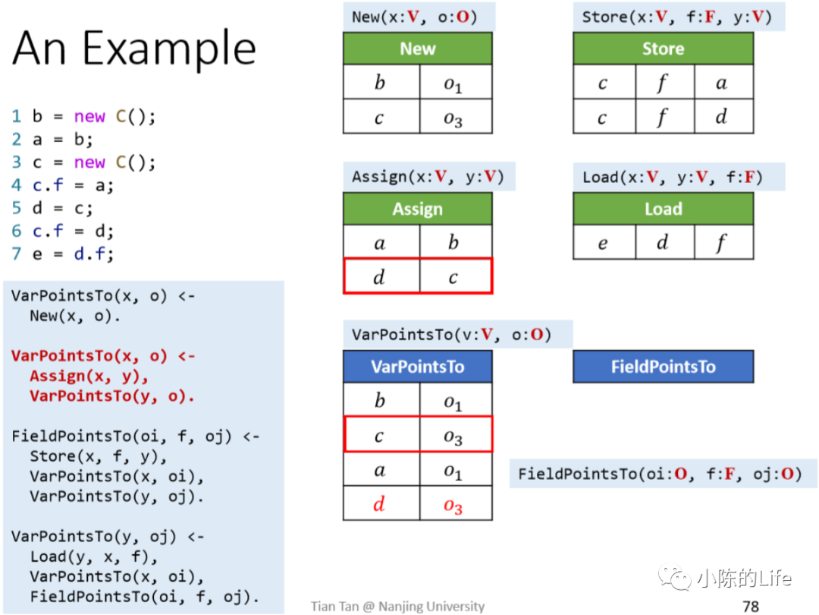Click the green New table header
pyautogui.click(x=417, y=49)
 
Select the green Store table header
pyautogui.click(x=663, y=49)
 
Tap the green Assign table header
pyautogui.click(x=417, y=210)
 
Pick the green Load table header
pyautogui.click(x=663, y=210)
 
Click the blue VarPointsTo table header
pyautogui.click(x=417, y=367)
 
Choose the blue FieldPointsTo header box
pyautogui.click(x=663, y=367)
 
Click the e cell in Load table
pyautogui.click(x=603, y=243)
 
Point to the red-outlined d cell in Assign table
pyautogui.click(x=380, y=276)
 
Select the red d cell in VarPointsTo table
pyautogui.click(x=380, y=504)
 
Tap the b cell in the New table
pyautogui.click(x=380, y=83)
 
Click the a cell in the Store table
pyautogui.click(x=721, y=83)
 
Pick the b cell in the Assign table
pyautogui.click(x=453, y=243)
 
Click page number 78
pyautogui.click(x=751, y=606)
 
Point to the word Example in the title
pyautogui.click(x=169, y=49)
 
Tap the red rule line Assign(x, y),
pyautogui.click(x=89, y=377)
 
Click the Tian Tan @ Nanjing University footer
pyautogui.click(x=397, y=606)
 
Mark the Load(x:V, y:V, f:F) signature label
pyautogui.click(x=672, y=177)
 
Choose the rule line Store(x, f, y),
pyautogui.click(x=99, y=456)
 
